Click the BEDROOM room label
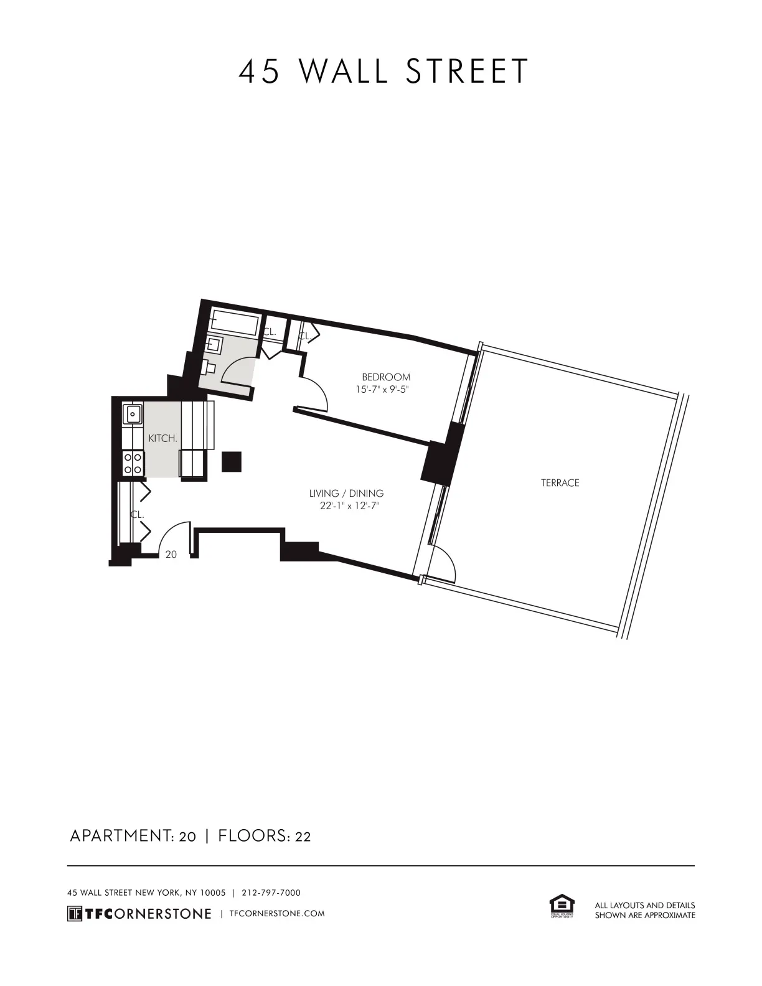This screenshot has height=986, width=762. coord(386,377)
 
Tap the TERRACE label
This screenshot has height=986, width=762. coord(560,482)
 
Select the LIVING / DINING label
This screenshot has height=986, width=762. coord(346,494)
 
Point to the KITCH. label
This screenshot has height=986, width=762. coord(162,438)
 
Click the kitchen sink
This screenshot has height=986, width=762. coord(133,413)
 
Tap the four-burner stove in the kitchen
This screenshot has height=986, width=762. coord(133,463)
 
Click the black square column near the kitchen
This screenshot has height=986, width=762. coord(232,461)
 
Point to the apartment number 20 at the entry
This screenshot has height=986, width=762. coord(171,554)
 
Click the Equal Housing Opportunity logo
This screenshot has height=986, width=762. coord(562,906)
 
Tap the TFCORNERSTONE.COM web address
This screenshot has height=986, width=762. coord(277,913)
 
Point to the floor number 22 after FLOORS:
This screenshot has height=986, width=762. coord(303,837)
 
